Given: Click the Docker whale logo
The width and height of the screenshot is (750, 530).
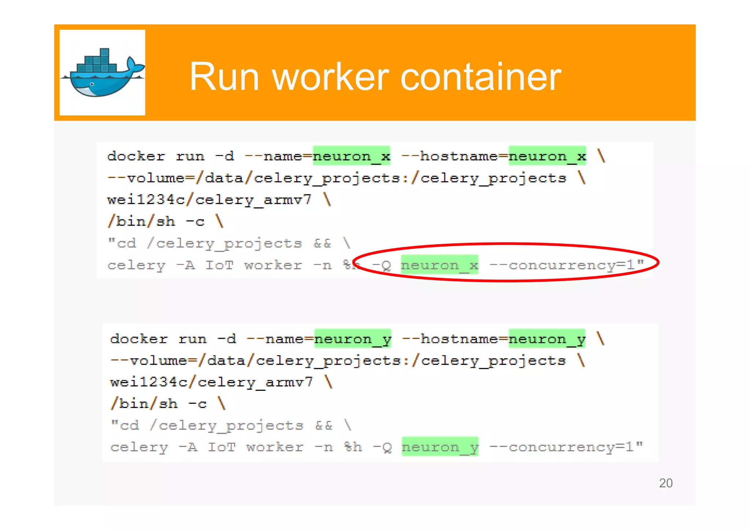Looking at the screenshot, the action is tap(102, 73).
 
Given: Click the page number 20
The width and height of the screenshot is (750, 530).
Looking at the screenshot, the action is tap(665, 483).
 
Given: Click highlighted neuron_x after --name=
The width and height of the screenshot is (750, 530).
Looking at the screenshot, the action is tap(352, 156).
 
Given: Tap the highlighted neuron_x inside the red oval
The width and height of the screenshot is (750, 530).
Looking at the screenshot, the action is tap(439, 265).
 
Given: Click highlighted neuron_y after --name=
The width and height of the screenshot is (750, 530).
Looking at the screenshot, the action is tap(353, 339).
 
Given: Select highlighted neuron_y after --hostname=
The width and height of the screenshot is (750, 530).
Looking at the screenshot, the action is tap(547, 339).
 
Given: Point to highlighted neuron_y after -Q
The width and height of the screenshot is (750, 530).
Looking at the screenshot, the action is tap(440, 447).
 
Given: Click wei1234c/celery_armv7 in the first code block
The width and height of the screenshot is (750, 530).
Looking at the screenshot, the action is tap(209, 200).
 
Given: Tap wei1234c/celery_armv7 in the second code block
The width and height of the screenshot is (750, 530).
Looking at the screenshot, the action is tap(211, 382).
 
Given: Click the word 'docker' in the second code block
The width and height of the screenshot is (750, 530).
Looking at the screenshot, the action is tap(139, 339).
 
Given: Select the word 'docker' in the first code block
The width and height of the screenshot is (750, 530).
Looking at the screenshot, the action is tap(136, 156).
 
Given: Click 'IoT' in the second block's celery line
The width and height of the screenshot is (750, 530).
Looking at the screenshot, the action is tap(222, 447).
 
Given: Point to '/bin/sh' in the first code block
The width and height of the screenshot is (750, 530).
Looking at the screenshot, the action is tap(141, 222).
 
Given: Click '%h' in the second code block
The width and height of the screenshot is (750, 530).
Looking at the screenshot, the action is tap(353, 447).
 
